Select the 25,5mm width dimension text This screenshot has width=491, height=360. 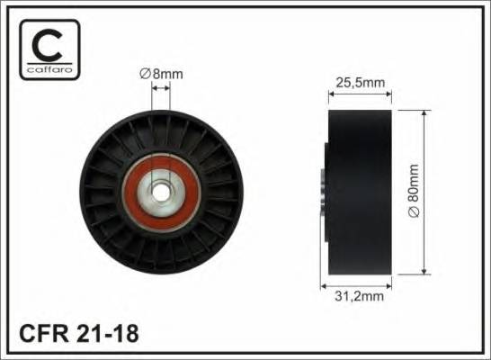click(x=362, y=82)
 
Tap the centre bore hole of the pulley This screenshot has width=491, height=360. click(x=161, y=191)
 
